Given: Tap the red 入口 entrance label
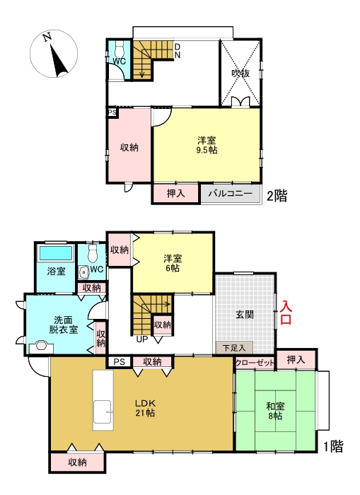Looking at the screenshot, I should click(x=286, y=313).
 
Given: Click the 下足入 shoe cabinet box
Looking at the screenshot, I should click(x=234, y=347).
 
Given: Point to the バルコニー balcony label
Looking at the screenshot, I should click(x=229, y=194).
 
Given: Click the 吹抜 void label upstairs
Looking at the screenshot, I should click(x=240, y=73).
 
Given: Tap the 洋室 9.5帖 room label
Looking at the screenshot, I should click(x=207, y=145).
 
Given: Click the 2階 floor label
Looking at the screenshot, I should click(x=277, y=196).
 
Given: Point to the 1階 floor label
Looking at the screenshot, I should click(x=333, y=446).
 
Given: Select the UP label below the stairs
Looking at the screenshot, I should click(x=142, y=339).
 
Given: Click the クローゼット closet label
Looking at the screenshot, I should click(x=255, y=362).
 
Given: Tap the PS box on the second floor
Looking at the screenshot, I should click(x=112, y=112).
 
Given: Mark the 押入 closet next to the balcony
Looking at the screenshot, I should click(x=175, y=194).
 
